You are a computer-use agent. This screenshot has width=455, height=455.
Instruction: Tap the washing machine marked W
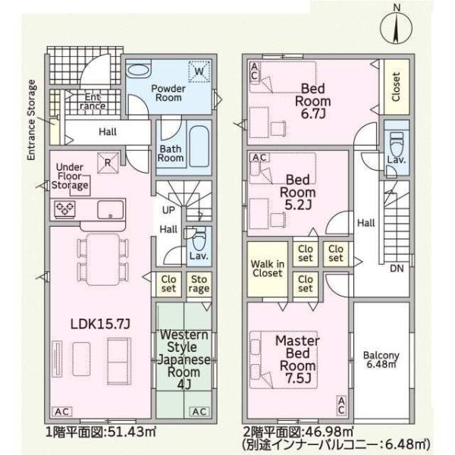(x=199, y=71)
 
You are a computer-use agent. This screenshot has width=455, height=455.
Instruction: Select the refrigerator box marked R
(x=108, y=163)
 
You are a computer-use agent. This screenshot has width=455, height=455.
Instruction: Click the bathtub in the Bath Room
(x=199, y=146)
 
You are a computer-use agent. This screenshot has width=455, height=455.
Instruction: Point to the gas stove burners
(x=65, y=209)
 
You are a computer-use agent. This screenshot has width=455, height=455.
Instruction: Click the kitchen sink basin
(x=110, y=209)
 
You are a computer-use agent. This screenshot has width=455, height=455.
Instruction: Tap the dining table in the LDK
(x=103, y=259)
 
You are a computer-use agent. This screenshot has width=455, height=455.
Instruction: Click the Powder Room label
(x=168, y=93)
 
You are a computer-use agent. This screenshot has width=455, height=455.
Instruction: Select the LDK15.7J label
(x=100, y=324)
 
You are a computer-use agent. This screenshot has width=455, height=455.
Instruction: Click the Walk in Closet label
(x=267, y=268)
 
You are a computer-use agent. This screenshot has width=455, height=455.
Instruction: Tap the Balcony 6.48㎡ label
(x=381, y=359)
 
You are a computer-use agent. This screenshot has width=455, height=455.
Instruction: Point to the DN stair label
(x=397, y=268)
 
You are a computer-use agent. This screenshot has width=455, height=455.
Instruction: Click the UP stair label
(x=168, y=210)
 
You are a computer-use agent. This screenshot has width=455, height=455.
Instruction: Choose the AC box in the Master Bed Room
(x=341, y=406)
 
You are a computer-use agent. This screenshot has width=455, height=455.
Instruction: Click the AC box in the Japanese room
(x=199, y=412)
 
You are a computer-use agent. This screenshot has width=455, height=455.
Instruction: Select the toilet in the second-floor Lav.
(x=397, y=144)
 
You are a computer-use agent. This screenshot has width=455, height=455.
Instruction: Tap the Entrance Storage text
(x=31, y=120)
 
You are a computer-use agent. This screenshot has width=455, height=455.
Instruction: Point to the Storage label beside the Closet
(x=199, y=284)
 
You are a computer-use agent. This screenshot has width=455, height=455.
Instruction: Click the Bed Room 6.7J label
(x=312, y=101)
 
